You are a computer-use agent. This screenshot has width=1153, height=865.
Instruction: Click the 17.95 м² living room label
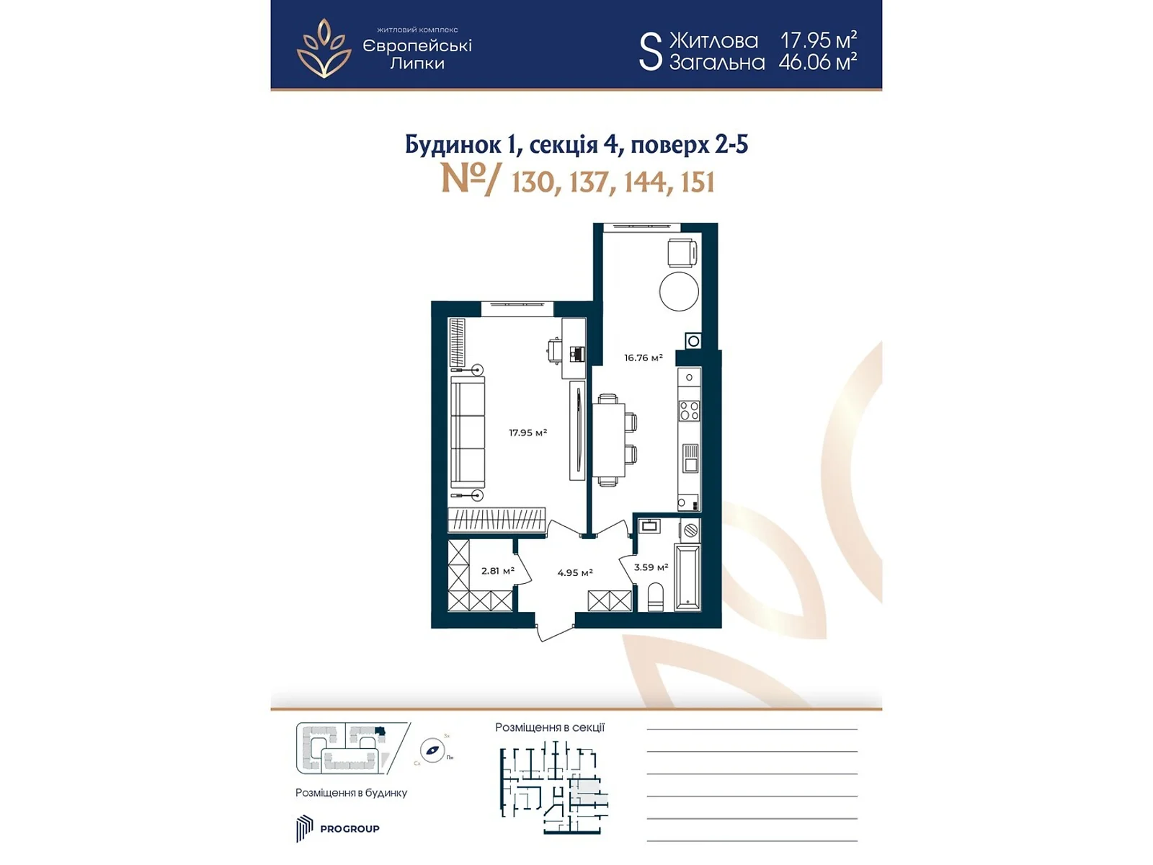527,432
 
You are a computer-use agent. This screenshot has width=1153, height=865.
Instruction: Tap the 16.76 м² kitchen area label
643,358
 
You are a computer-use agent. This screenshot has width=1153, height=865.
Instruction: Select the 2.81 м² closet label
497,570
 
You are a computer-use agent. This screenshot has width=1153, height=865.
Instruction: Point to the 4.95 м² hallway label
574,572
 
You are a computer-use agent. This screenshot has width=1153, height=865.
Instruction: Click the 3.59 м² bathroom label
651,567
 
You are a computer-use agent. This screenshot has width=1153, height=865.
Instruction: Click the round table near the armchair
679,290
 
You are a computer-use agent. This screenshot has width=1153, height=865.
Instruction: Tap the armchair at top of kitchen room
682,253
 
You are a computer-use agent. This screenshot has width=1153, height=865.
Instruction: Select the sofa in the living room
468,432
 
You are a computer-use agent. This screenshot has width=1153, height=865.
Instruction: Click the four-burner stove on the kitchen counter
689,411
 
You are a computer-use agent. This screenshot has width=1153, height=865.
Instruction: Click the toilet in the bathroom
656,598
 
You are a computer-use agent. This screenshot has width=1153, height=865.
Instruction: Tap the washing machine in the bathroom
690,531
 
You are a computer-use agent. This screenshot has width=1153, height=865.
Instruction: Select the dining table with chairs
609,441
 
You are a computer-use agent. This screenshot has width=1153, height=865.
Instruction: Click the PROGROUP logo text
350,829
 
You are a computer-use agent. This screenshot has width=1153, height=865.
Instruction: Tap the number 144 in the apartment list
645,182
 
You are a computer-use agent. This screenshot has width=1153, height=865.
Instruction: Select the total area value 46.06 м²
817,62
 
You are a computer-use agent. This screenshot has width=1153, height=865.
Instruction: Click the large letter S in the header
650,51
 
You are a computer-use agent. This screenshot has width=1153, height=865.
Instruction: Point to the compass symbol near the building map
432,750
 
